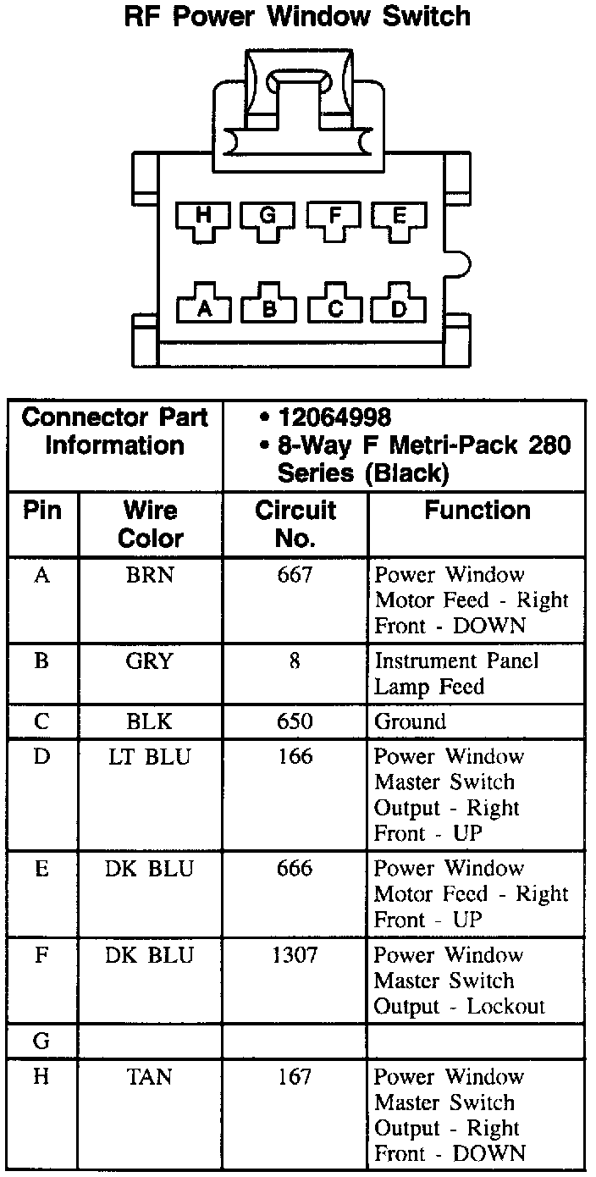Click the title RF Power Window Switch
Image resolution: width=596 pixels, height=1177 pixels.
(x=297, y=17)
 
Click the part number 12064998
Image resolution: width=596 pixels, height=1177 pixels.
(x=334, y=417)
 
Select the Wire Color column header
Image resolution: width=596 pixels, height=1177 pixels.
(x=151, y=524)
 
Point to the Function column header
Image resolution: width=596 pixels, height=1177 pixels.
(x=477, y=511)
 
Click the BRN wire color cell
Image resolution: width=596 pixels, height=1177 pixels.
(x=150, y=576)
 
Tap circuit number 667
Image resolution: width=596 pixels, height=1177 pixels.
(x=295, y=576)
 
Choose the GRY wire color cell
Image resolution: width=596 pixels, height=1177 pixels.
(x=150, y=661)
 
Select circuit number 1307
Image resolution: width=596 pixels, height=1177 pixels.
(x=295, y=956)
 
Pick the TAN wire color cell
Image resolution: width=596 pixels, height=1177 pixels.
(x=150, y=1077)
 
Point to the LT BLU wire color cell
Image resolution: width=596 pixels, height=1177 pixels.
(x=150, y=757)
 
